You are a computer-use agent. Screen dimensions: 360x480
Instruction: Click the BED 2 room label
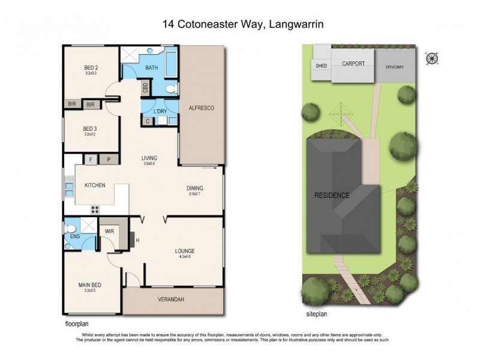click(x=91, y=67)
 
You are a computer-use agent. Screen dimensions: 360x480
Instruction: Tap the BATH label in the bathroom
click(x=152, y=68)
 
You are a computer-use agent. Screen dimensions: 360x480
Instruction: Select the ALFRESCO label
click(x=202, y=107)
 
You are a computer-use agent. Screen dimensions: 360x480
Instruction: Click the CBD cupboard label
click(x=145, y=88)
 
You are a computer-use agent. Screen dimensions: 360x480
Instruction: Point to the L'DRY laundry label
click(x=160, y=112)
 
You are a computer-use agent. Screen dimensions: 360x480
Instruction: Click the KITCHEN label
click(x=95, y=185)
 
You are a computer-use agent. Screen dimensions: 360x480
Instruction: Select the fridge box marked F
click(x=91, y=160)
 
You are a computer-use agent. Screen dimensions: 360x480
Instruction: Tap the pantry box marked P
click(x=109, y=160)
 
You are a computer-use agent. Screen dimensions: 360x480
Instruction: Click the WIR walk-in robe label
click(x=110, y=230)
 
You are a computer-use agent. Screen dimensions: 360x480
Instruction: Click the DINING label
click(x=194, y=188)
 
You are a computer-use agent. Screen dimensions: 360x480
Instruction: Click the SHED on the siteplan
click(x=321, y=65)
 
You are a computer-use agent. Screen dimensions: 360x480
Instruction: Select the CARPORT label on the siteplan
click(x=353, y=63)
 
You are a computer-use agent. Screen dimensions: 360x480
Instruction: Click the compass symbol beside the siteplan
click(x=431, y=58)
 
